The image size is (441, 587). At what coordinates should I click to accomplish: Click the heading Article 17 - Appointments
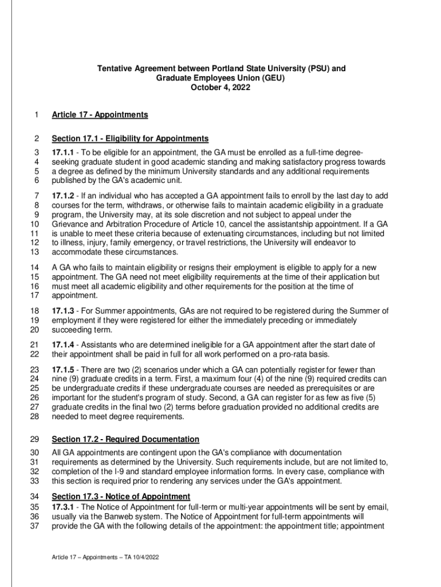(100, 115)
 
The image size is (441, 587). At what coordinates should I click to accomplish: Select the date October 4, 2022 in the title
(220, 88)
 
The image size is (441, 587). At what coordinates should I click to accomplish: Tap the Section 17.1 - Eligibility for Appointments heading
(130, 139)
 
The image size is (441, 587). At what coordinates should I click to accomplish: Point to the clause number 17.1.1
(64, 152)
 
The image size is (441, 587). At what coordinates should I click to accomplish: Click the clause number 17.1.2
(64, 195)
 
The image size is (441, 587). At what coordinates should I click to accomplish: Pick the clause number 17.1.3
(64, 311)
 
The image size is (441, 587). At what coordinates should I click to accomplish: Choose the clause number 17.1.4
(64, 345)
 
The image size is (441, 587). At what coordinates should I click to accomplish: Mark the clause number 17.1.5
(64, 369)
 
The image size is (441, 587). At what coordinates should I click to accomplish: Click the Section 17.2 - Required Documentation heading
(125, 440)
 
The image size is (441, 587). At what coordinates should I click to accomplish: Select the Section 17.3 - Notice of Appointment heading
(121, 496)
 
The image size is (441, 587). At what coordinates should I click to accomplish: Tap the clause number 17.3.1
(64, 507)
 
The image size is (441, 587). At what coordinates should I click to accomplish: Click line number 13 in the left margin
(34, 252)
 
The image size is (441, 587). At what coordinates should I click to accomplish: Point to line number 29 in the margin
(34, 440)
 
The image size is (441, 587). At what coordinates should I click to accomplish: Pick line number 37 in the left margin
(34, 526)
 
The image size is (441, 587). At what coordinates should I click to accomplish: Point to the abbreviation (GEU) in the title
(271, 79)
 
